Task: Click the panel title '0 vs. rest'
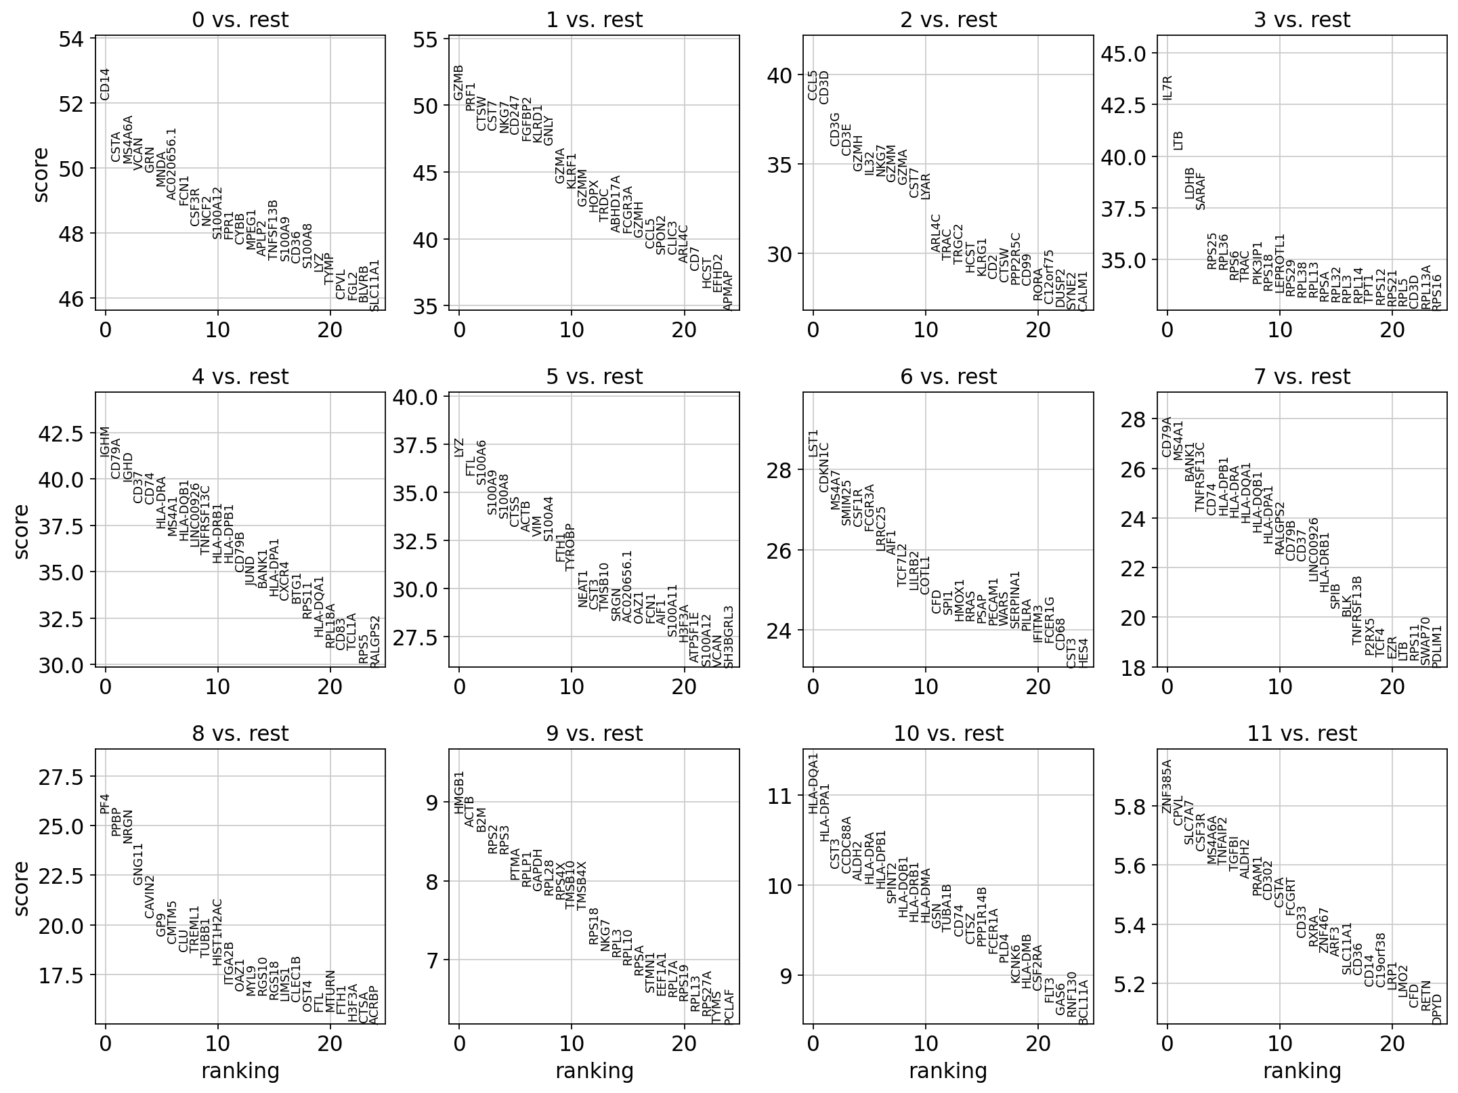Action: pos(240,20)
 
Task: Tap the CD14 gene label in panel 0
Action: pos(104,84)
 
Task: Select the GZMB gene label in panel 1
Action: pos(458,83)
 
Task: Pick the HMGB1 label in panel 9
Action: pos(459,792)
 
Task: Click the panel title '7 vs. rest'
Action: pos(1302,377)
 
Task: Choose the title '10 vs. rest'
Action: pos(948,733)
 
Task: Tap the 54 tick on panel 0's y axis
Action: pos(71,39)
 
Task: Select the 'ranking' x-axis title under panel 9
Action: pos(594,1071)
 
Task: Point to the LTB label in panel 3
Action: pos(1178,140)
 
